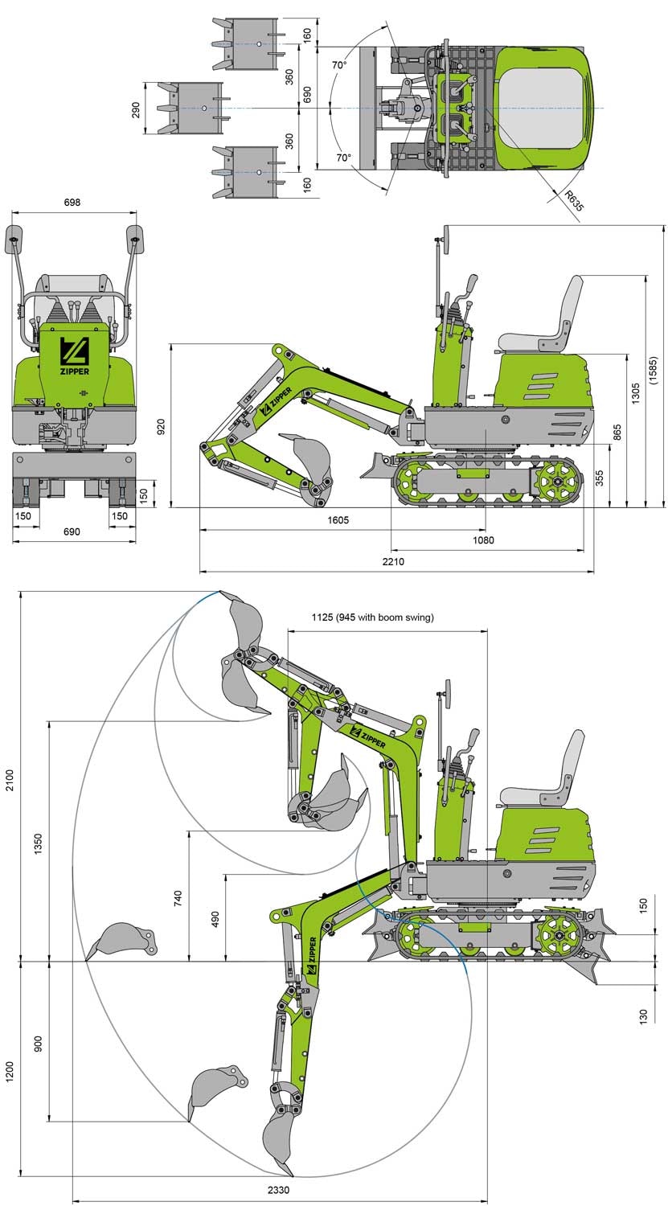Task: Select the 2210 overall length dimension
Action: click(393, 561)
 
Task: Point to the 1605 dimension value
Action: click(338, 519)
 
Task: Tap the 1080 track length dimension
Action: click(482, 540)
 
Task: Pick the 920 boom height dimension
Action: click(161, 425)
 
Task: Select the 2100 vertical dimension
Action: click(10, 780)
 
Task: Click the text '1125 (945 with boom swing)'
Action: click(372, 617)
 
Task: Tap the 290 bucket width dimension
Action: click(135, 108)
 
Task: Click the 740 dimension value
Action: click(179, 897)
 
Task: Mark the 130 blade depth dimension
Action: click(642, 1016)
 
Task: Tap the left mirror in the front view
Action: click(14, 236)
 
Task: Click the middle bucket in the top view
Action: click(190, 108)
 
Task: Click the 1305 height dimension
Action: click(636, 393)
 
